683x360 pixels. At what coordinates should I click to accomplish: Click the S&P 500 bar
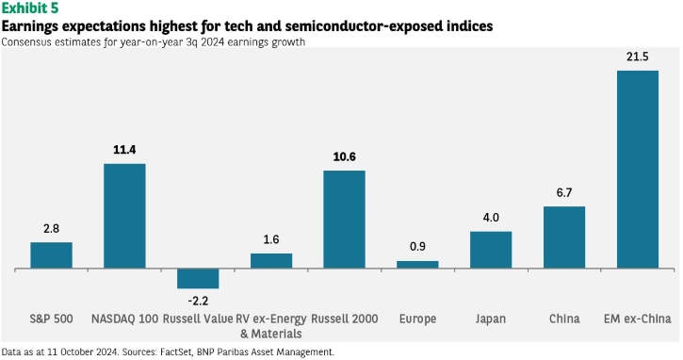pyautogui.click(x=52, y=255)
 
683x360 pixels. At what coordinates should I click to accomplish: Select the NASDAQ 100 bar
pyautogui.click(x=124, y=216)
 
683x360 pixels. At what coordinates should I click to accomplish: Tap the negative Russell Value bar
pyautogui.click(x=198, y=279)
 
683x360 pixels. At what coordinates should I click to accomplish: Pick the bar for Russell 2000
pyautogui.click(x=344, y=220)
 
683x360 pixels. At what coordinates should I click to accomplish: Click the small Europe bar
pyautogui.click(x=417, y=265)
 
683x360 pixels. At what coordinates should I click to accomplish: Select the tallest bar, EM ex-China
pyautogui.click(x=638, y=169)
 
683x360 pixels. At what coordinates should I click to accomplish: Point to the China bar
pyautogui.click(x=564, y=237)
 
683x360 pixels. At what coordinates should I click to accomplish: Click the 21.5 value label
pyautogui.click(x=638, y=57)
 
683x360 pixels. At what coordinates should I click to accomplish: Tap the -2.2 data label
pyautogui.click(x=198, y=301)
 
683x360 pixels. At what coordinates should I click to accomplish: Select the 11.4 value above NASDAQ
pyautogui.click(x=124, y=150)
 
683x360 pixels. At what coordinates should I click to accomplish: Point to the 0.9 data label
pyautogui.click(x=417, y=247)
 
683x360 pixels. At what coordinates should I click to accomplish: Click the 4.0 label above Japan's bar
pyautogui.click(x=491, y=218)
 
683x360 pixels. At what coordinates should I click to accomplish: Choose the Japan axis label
pyautogui.click(x=491, y=319)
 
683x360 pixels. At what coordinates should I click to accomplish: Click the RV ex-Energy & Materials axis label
pyautogui.click(x=271, y=326)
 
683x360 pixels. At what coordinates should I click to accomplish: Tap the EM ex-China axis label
pyautogui.click(x=637, y=319)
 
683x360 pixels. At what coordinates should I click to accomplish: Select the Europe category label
pyautogui.click(x=417, y=319)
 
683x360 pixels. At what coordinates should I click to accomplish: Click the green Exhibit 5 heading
pyautogui.click(x=30, y=8)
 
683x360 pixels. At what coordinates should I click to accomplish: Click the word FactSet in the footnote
pyautogui.click(x=176, y=352)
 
